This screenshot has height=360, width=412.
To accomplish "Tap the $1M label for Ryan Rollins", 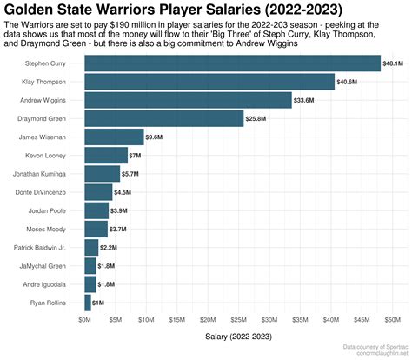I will click(98, 302).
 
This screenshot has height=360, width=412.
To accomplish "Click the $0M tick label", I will click(84, 320).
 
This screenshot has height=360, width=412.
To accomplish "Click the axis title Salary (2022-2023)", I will click(240, 336).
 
